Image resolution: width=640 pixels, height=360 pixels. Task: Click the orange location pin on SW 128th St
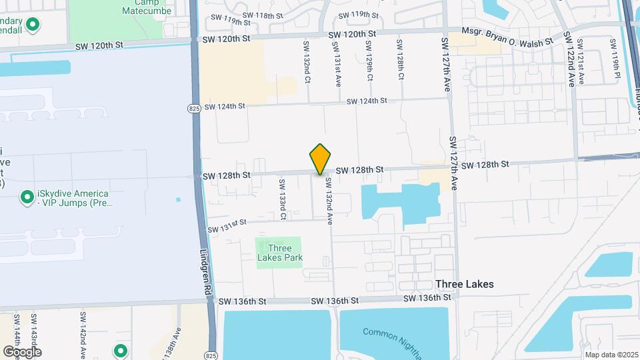pyautogui.click(x=320, y=159)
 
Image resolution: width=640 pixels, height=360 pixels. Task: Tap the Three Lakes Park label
pyautogui.click(x=280, y=253)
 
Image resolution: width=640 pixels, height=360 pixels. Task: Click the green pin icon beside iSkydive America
pyautogui.click(x=27, y=197)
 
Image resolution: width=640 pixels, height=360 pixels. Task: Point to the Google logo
pyautogui.click(x=22, y=351)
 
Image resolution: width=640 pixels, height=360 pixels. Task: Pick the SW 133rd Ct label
pyautogui.click(x=283, y=198)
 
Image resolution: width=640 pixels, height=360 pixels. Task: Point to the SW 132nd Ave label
pyautogui.click(x=329, y=199)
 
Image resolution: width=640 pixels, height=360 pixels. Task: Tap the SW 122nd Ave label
pyautogui.click(x=571, y=59)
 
